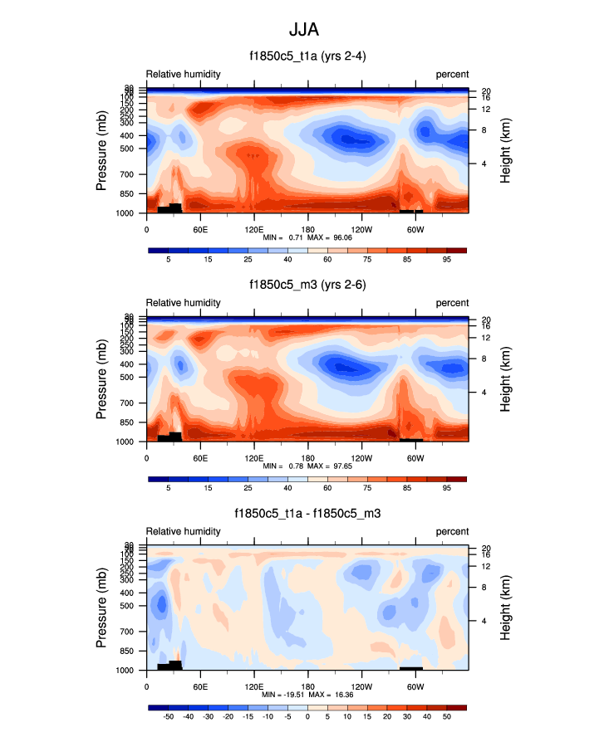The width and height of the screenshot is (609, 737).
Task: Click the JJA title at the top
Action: tap(304, 31)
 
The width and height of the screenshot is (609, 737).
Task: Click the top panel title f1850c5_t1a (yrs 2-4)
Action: tap(307, 56)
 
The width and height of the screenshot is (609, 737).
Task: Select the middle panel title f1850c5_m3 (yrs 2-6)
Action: tap(307, 285)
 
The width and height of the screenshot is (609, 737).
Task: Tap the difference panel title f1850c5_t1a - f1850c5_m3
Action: tap(307, 514)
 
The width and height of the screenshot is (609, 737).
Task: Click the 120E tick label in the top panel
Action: tap(254, 229)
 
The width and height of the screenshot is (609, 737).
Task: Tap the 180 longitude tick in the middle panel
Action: tap(307, 457)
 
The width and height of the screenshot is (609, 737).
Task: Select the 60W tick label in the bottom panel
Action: tap(415, 686)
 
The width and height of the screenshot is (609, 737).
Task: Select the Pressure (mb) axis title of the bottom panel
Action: tap(101, 608)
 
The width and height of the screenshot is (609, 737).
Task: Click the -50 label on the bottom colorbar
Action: tap(168, 715)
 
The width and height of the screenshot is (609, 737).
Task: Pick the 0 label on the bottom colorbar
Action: tap(307, 715)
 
